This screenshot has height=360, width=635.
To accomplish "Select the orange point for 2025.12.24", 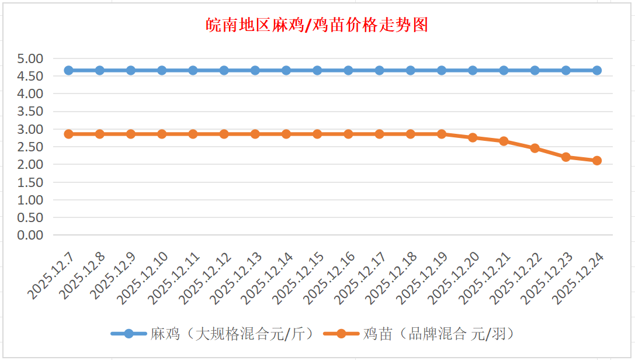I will point(597,161).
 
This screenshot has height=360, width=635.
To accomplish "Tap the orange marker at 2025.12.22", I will point(535,148).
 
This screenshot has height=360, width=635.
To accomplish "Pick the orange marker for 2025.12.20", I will point(473,137).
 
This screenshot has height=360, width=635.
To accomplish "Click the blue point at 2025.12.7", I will point(69,70).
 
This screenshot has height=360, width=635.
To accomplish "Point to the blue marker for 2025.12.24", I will point(597,70).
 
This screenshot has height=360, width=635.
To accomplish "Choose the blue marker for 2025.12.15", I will point(317,70).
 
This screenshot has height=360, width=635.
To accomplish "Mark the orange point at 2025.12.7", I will point(69,134).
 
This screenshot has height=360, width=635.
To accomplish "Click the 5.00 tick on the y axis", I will point(30,58).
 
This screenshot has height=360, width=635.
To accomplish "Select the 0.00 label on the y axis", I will point(30,235).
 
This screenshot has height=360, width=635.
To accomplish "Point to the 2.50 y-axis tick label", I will point(30,147).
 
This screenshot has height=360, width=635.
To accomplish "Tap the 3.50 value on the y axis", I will point(30,112).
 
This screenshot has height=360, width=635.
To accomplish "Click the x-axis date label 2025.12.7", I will point(51,277).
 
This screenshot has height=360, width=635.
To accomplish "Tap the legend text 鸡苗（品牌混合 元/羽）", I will point(438,334).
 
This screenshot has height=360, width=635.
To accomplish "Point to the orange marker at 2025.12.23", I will point(566,157).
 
